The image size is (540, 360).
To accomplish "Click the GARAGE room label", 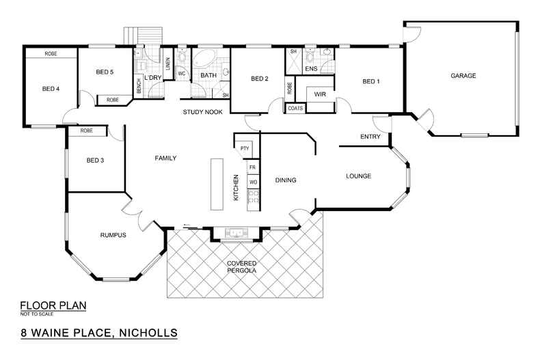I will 463,76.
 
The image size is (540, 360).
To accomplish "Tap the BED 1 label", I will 370,81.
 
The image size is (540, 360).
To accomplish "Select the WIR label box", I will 319,94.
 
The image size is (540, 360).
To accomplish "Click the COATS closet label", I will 295,108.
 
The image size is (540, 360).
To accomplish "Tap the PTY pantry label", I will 244,148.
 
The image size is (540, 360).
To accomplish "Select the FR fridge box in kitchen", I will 252,167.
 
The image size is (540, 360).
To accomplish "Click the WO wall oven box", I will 252,182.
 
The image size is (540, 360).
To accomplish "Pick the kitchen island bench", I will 217,184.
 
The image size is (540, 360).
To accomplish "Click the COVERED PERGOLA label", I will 242,267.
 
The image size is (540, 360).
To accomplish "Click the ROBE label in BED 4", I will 51,53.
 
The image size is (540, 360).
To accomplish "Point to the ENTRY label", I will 370,137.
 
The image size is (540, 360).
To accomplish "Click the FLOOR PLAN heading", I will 53,305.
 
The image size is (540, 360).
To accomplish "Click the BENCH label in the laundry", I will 139,87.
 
